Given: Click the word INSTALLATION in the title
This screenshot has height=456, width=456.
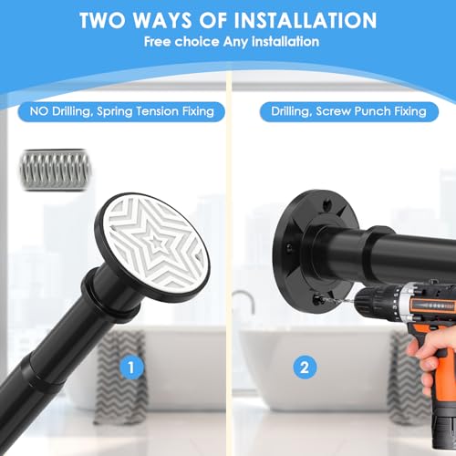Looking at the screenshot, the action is [x=306, y=20].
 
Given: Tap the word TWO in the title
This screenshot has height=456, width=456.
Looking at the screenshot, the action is [x=102, y=20].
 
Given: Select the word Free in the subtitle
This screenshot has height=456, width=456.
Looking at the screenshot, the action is [x=157, y=42].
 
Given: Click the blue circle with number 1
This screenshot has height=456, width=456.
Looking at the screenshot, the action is [x=131, y=368].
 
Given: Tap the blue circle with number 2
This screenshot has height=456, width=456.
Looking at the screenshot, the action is [x=305, y=368].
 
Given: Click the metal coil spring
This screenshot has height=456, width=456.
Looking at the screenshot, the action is [x=56, y=170].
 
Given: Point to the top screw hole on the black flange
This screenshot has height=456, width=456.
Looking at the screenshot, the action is [x=327, y=202].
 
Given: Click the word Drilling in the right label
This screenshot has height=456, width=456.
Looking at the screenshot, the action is [x=292, y=111].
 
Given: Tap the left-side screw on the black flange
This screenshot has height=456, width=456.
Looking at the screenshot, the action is [x=289, y=248].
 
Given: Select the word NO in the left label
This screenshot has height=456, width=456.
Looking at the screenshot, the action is [x=39, y=111].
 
